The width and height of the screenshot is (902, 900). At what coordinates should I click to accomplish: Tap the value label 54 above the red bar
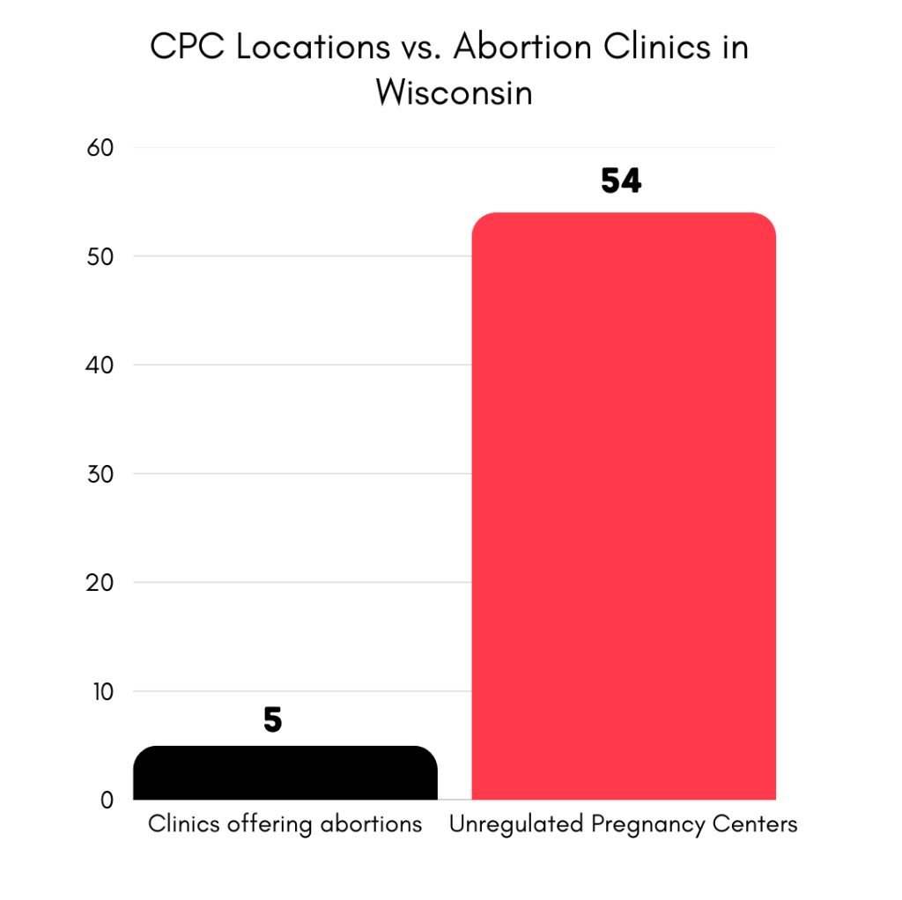621,181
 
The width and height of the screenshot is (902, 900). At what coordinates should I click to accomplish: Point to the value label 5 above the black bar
272,720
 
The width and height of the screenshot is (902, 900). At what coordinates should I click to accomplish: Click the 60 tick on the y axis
100,148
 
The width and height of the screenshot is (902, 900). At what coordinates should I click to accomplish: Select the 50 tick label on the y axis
100,257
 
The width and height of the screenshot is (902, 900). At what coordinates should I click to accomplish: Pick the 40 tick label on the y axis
100,365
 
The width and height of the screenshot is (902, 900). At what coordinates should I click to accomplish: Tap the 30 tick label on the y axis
100,474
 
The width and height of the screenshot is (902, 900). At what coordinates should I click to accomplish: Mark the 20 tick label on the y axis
100,583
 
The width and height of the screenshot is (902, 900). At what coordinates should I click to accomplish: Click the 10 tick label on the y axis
100,691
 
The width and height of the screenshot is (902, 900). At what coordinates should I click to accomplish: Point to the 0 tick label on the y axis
107,800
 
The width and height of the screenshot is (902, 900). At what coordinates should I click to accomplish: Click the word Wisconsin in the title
454,91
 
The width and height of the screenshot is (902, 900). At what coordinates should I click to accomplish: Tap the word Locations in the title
313,47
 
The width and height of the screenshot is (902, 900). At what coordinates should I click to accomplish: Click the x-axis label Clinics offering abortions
285,825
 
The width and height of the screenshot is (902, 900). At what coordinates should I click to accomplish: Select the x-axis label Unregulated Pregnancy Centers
623,825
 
